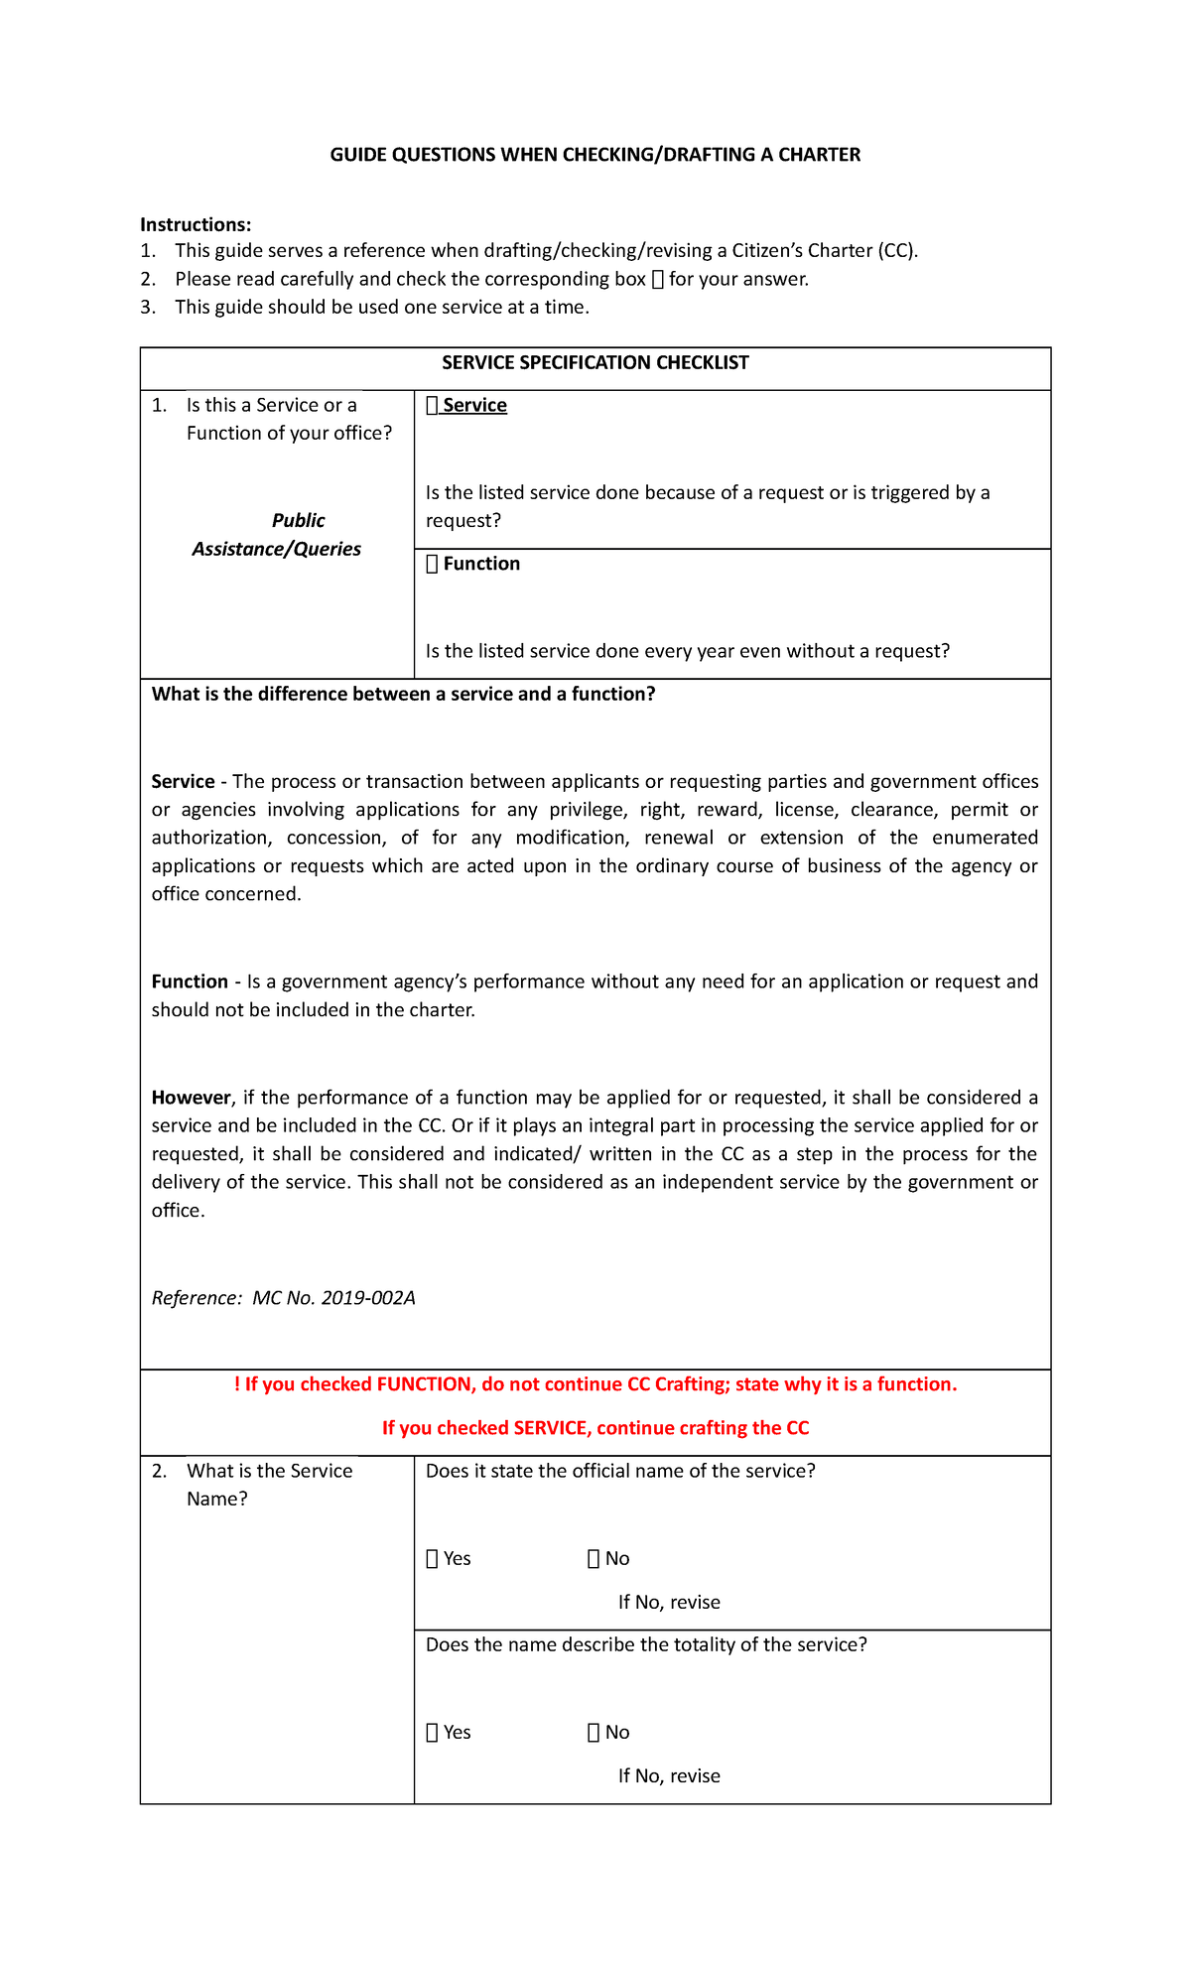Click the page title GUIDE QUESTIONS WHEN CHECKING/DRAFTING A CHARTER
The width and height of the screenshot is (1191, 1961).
595,155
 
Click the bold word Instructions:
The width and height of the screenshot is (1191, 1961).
196,225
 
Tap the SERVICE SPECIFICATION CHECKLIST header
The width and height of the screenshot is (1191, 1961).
595,363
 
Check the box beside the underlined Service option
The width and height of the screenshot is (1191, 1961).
432,406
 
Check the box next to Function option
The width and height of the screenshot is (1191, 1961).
432,565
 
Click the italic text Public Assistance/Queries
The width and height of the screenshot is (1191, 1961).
277,535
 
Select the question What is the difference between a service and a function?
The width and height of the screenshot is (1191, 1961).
403,695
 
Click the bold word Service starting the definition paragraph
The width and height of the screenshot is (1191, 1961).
183,782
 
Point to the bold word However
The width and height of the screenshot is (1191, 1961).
191,1098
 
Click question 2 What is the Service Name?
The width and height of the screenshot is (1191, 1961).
268,1485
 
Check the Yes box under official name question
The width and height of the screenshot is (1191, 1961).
432,1559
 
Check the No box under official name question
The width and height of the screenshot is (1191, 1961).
594,1559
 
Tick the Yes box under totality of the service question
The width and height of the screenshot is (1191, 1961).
432,1733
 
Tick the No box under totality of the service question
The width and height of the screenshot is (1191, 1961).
594,1733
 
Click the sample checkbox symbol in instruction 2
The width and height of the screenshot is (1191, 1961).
657,280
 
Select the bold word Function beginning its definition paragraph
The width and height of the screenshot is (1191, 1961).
190,982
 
